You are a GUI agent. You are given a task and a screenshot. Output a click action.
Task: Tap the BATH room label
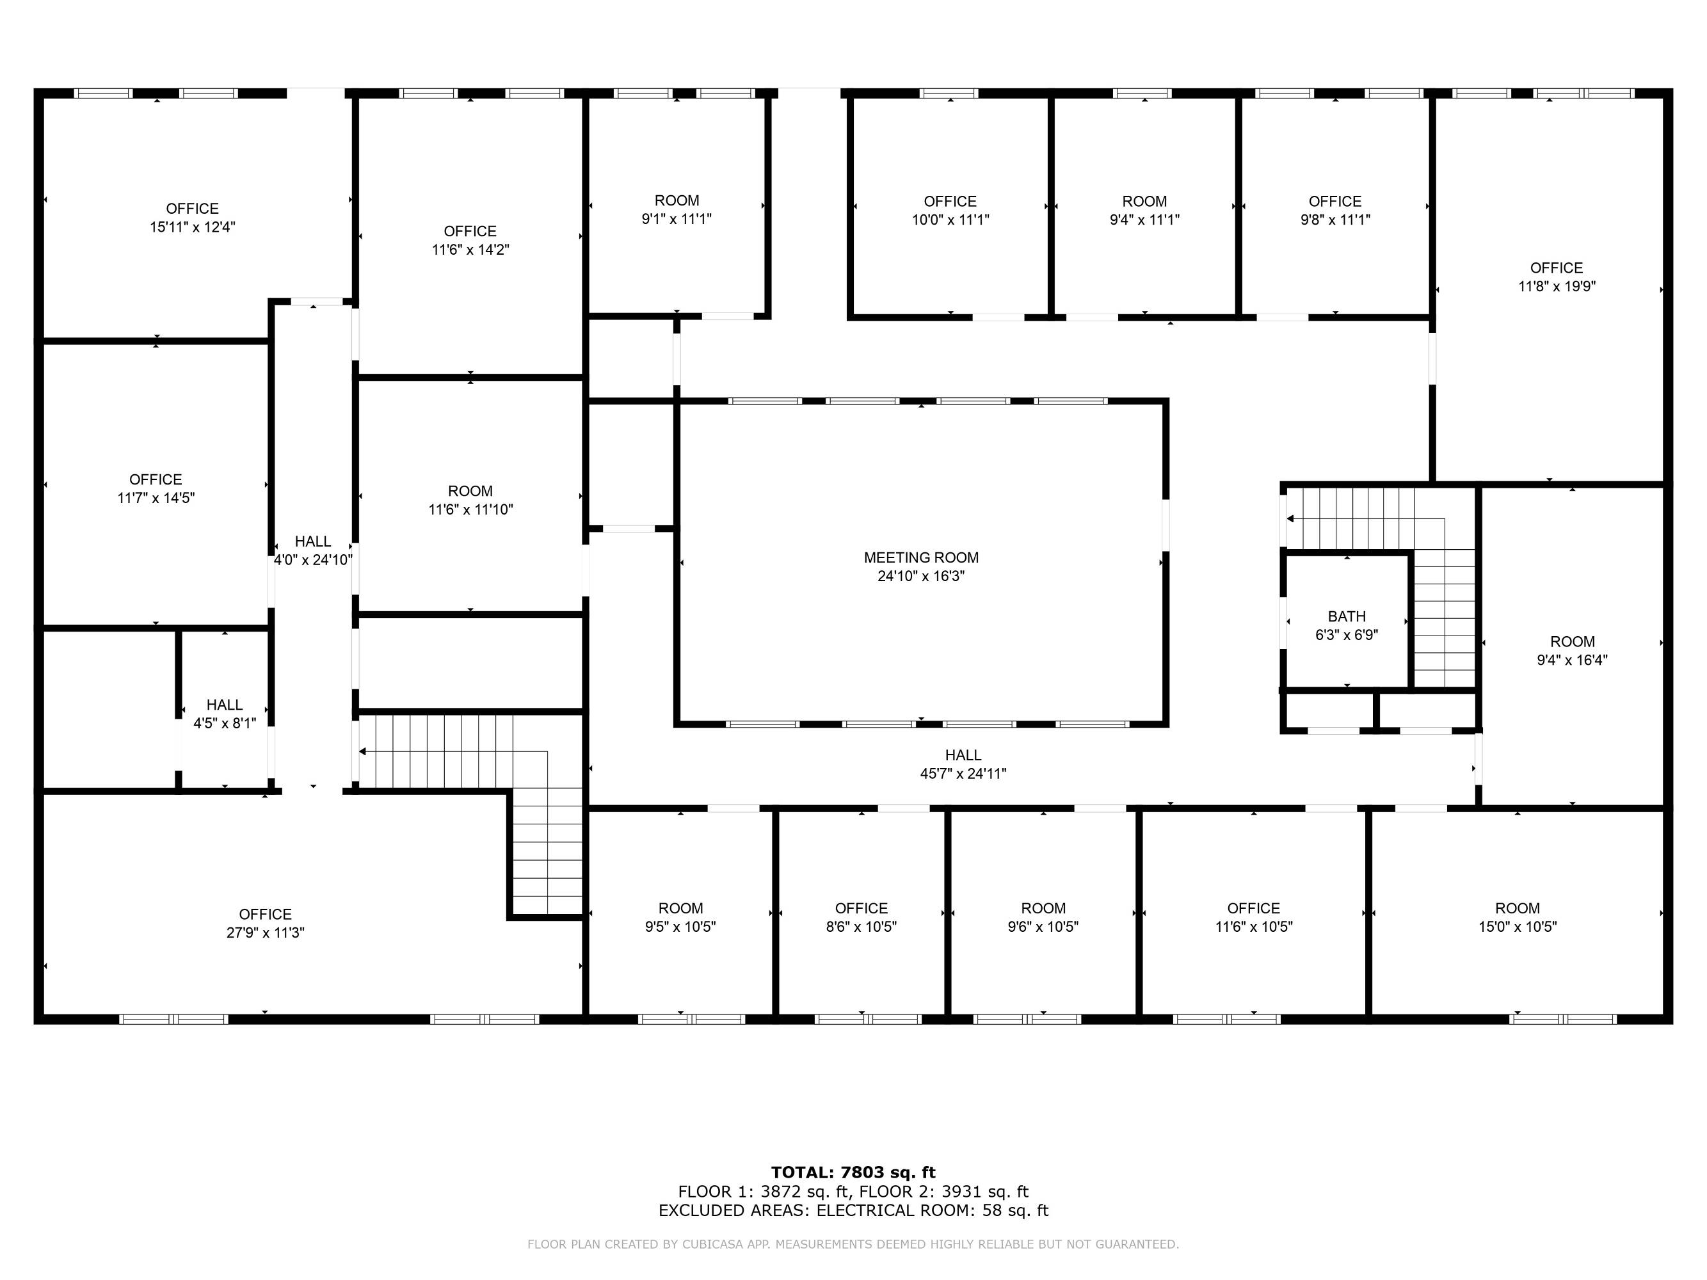click(x=1347, y=616)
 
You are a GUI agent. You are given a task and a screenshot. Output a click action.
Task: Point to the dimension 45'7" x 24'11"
click(x=963, y=774)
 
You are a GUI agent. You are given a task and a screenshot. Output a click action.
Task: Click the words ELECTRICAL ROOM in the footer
click(x=894, y=1210)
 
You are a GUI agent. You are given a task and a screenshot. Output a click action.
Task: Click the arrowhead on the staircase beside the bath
click(x=1290, y=518)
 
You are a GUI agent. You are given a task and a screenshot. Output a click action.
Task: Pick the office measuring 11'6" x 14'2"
click(x=470, y=240)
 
